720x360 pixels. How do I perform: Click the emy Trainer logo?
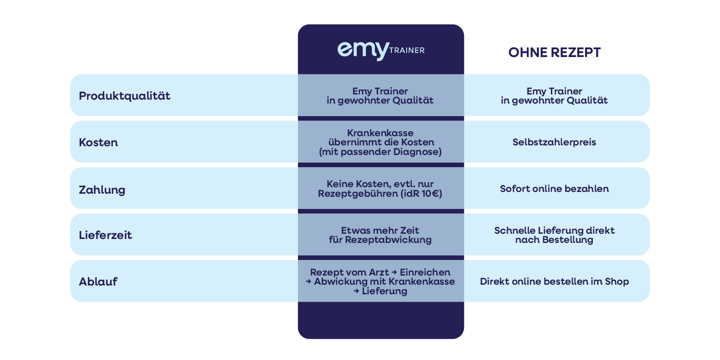[380, 50]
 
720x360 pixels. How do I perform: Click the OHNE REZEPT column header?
[554, 53]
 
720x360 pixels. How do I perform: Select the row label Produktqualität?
[125, 96]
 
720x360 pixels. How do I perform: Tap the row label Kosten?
[98, 142]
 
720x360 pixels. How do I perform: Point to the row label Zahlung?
[102, 190]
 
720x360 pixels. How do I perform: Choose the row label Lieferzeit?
[105, 235]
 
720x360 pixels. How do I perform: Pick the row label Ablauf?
[98, 282]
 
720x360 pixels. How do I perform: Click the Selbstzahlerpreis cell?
[554, 142]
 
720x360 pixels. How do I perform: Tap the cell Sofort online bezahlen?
[554, 189]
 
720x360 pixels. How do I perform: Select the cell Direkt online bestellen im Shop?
[554, 282]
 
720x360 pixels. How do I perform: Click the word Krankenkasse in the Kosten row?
[380, 133]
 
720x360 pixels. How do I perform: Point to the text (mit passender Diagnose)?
[380, 152]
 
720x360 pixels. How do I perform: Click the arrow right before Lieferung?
[356, 291]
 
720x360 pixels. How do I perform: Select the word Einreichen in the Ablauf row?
[425, 273]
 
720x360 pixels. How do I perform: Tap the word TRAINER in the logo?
[407, 50]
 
